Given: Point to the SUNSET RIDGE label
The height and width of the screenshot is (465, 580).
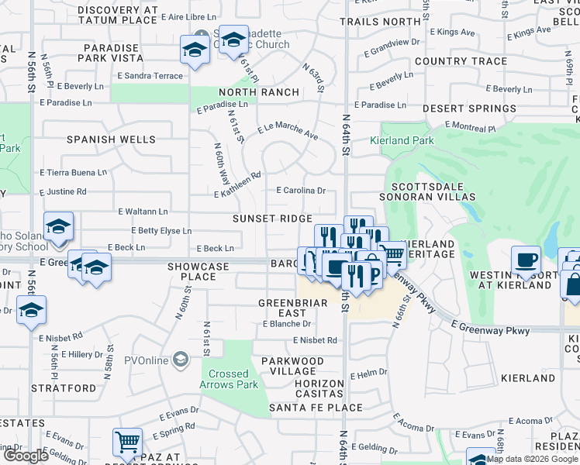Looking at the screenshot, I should click(273, 219).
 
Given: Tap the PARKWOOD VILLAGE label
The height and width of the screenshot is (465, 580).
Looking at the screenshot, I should click(292, 367).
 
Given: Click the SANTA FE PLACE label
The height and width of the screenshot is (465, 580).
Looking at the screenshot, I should click(306, 407).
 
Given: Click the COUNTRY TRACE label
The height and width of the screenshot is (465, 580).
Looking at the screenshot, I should click(461, 61).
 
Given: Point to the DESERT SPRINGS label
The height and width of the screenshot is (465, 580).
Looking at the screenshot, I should click(465, 109).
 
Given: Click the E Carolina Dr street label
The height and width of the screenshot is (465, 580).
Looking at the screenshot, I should click(301, 190).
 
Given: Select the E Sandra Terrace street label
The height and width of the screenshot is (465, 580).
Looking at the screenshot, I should click(150, 76).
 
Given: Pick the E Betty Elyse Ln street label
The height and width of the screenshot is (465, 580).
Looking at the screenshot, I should click(161, 231).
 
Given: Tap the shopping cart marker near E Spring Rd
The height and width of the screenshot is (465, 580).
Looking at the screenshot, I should click(127, 442).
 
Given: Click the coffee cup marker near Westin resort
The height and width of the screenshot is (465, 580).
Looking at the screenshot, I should click(526, 259).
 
